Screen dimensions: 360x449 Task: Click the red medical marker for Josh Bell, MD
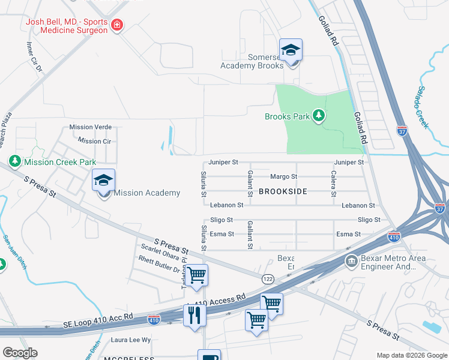(118, 25)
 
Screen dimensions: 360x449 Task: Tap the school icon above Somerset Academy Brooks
(291, 50)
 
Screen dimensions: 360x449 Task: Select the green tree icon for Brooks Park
(319, 116)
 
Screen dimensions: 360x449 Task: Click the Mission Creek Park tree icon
(14, 161)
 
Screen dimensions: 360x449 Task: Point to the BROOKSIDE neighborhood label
(283, 191)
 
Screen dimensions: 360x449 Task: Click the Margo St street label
(283, 177)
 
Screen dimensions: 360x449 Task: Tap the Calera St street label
(333, 183)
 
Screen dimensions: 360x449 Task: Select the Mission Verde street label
(90, 127)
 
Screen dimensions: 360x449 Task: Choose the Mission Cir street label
(94, 141)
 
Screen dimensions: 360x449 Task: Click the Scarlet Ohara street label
(157, 249)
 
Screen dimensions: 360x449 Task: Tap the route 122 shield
(268, 278)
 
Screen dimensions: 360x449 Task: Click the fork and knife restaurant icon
(194, 315)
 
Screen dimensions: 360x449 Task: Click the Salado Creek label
(420, 108)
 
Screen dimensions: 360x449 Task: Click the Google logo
(20, 353)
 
